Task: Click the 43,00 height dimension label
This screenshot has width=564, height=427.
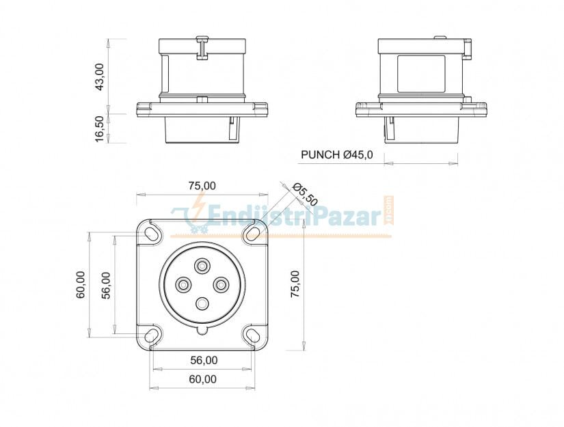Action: (x=100, y=77)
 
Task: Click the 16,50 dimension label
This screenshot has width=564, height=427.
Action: (x=100, y=128)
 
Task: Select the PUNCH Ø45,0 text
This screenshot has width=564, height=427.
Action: (x=336, y=154)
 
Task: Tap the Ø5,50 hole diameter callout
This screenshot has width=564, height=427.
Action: (x=305, y=195)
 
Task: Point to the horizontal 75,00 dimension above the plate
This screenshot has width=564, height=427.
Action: (x=202, y=185)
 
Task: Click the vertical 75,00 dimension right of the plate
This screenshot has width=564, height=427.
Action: (x=295, y=284)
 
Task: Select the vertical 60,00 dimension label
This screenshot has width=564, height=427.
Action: (x=81, y=284)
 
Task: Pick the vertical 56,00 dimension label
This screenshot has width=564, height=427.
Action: (x=106, y=286)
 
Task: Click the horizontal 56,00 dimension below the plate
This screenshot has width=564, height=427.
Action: (x=204, y=360)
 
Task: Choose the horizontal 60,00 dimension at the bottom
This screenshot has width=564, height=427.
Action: (x=203, y=379)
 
